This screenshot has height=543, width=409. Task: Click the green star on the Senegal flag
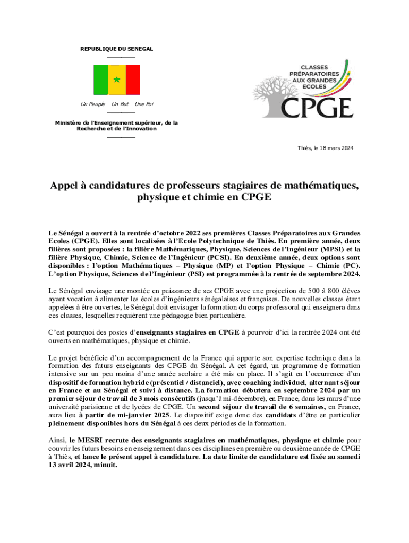point(116,80)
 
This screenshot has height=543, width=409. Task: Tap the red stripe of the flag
point(132,80)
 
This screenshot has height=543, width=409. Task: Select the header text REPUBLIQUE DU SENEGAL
point(116,49)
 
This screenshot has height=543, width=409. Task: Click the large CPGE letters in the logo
point(317,107)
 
